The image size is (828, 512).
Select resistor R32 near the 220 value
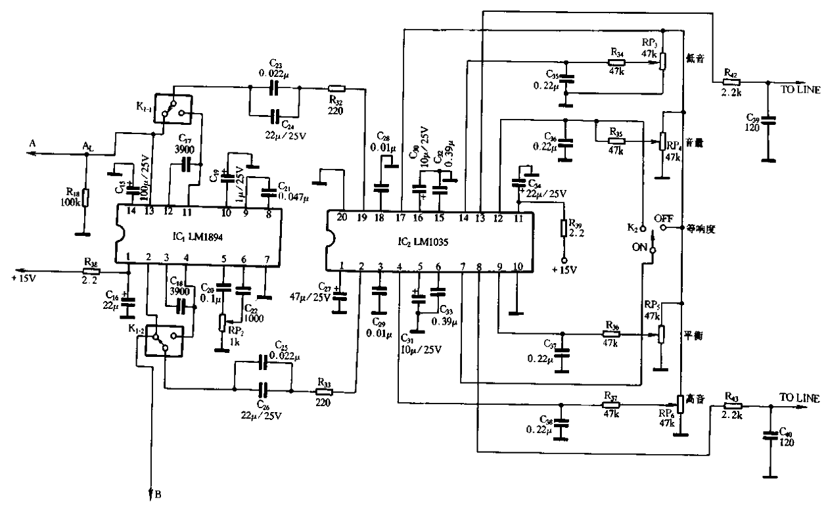click(336, 87)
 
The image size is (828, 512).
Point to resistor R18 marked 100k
click(85, 197)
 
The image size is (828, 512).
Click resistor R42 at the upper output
click(731, 82)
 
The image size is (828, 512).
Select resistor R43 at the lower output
click(733, 407)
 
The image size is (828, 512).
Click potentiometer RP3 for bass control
click(662, 60)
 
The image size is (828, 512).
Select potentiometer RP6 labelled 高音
click(679, 404)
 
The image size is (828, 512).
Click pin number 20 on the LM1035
click(342, 218)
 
